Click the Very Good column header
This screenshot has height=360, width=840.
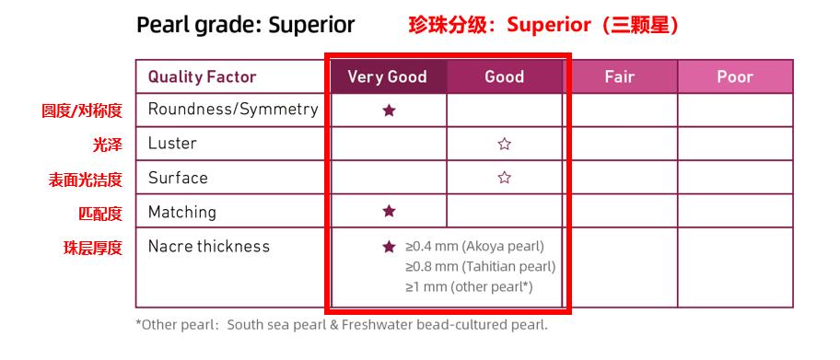tap(388, 76)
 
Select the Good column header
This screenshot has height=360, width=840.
tap(504, 76)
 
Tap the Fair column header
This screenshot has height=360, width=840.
tap(620, 76)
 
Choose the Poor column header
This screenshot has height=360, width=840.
tap(735, 76)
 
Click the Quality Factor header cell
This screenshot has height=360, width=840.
tap(202, 76)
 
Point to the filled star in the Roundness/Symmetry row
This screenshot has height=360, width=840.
tap(389, 110)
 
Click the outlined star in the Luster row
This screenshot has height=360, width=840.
tap(504, 144)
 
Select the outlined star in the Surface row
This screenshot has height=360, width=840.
tap(504, 178)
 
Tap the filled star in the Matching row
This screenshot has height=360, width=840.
tap(389, 211)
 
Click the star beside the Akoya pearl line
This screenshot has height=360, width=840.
tap(389, 247)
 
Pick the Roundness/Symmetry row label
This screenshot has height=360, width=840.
tap(233, 110)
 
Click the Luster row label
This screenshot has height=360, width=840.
tap(172, 143)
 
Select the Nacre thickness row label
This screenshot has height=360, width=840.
tap(209, 246)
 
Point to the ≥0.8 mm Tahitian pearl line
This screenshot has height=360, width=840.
tap(481, 266)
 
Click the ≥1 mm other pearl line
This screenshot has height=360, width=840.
tap(470, 286)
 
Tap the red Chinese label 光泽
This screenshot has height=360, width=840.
tap(107, 145)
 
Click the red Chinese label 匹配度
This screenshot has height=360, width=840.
tap(100, 214)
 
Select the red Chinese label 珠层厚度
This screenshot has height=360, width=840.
tap(93, 248)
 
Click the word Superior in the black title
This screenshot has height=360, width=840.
tap(311, 25)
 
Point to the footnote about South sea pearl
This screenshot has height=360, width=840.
tap(342, 325)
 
